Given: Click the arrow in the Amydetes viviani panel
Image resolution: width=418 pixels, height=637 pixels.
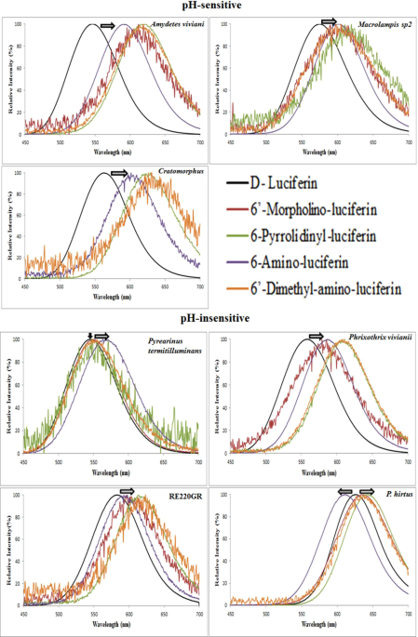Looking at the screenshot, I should pos(108,26).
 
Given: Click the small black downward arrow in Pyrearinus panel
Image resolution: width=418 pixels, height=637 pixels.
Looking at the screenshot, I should pos(89,337).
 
